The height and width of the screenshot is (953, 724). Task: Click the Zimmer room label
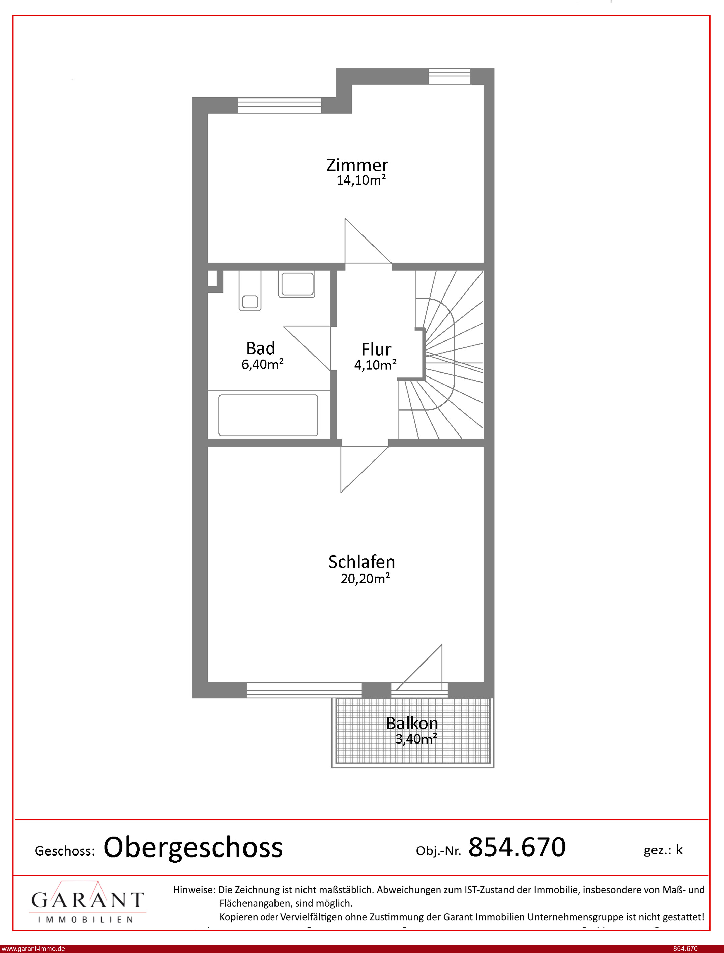[357, 165]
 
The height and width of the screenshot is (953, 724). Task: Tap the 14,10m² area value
[361, 180]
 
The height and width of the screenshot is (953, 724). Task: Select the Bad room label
[261, 348]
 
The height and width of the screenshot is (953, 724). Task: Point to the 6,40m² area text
[262, 364]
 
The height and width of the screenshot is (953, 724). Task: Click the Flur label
[376, 349]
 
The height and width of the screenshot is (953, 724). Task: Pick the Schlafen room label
[361, 562]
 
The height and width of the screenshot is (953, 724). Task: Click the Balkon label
[412, 723]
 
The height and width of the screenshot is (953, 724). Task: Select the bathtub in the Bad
[268, 415]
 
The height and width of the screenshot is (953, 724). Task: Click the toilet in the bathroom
[250, 291]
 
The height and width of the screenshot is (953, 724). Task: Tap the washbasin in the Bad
[296, 284]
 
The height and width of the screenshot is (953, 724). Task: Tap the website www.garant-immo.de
[33, 949]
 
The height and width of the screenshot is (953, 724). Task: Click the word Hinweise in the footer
[194, 890]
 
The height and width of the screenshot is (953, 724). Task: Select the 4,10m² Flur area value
[375, 365]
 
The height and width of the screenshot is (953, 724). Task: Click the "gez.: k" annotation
[663, 850]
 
